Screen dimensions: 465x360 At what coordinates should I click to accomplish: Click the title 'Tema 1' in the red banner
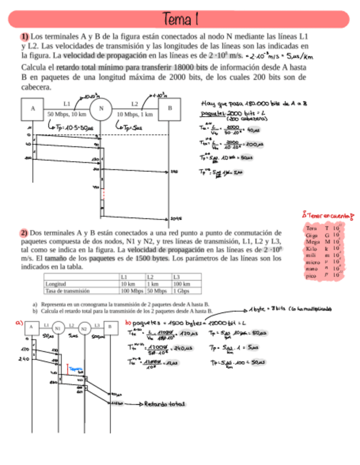(x=179, y=20)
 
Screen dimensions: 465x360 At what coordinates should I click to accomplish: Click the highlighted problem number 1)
(x=25, y=36)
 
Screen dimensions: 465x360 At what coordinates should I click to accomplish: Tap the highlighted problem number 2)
(x=25, y=232)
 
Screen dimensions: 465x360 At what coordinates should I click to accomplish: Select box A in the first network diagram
(x=32, y=109)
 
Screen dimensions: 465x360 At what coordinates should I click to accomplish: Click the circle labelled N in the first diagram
(x=101, y=109)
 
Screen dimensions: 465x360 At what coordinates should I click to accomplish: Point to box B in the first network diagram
(x=170, y=109)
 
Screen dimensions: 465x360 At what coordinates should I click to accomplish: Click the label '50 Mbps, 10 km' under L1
(x=67, y=115)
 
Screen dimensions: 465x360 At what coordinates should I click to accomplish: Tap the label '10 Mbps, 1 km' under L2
(x=135, y=115)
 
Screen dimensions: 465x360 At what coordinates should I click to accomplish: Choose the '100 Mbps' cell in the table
(x=132, y=291)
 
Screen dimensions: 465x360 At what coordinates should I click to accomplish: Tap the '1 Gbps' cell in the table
(x=182, y=291)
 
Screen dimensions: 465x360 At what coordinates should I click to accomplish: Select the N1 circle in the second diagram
(x=57, y=328)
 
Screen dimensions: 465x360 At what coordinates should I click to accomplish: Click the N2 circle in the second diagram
(x=84, y=329)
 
